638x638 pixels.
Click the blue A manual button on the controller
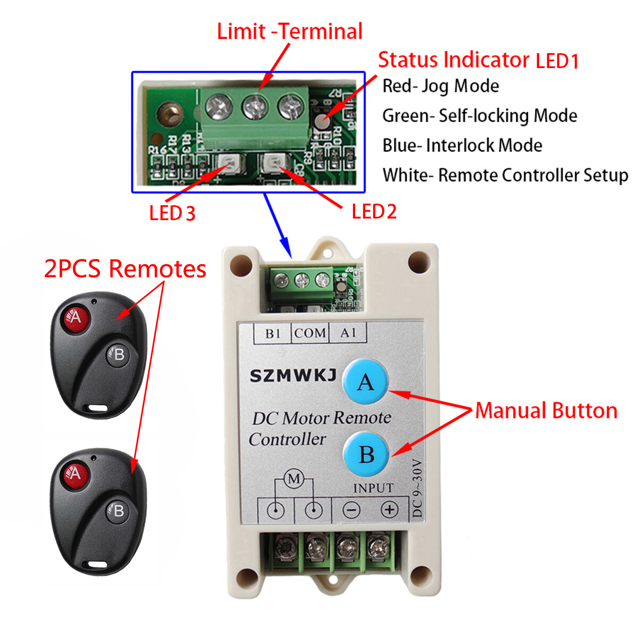click(365, 382)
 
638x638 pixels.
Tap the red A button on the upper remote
click(75, 318)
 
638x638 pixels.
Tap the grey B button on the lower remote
click(118, 511)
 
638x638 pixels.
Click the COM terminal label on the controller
click(309, 333)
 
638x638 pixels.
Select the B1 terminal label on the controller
click(273, 333)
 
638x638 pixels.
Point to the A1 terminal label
click(348, 333)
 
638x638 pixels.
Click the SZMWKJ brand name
click(293, 376)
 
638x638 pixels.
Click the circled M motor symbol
click(293, 478)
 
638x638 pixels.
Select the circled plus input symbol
click(390, 510)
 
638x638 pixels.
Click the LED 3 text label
click(172, 214)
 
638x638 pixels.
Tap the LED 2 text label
click(374, 212)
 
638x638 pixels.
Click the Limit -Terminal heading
click(290, 31)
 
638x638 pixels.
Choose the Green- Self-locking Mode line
click(480, 115)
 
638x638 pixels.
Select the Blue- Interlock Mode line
click(463, 145)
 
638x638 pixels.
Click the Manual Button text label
click(546, 410)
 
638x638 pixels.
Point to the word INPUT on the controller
click(373, 488)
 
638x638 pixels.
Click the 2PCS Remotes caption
click(125, 268)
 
